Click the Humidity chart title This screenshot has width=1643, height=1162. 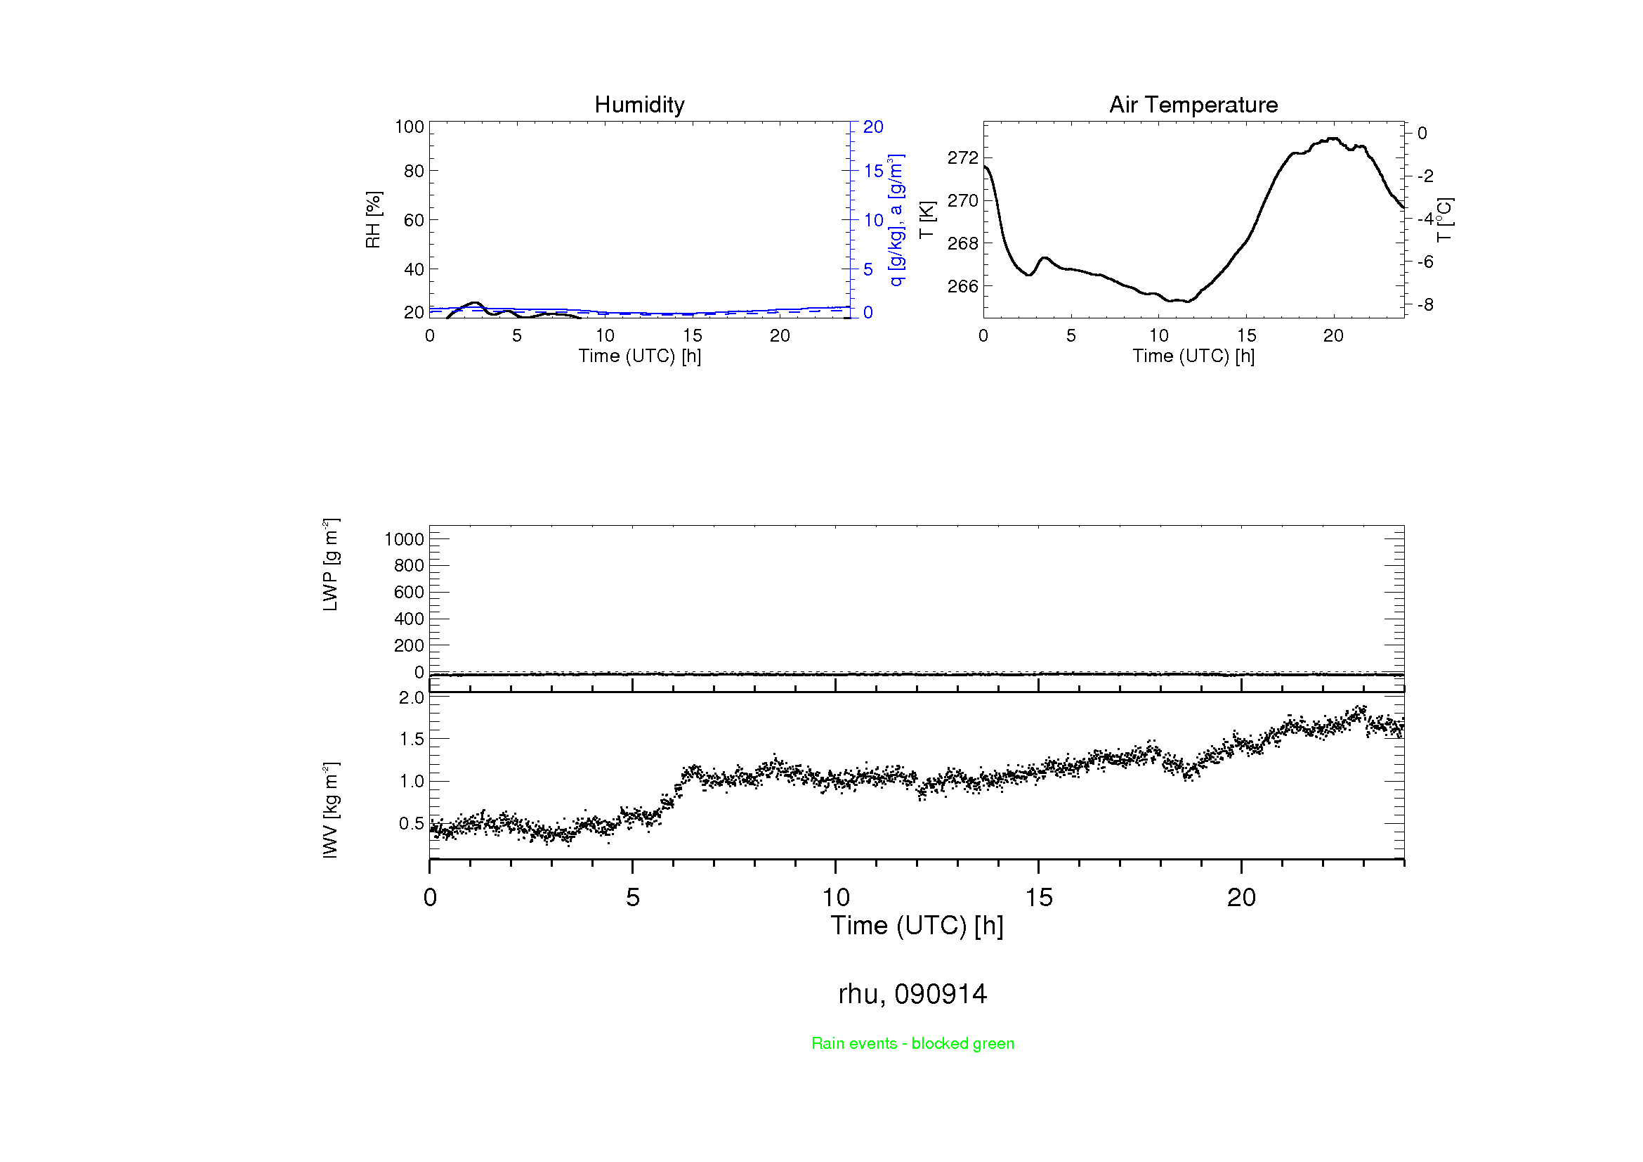[x=639, y=105]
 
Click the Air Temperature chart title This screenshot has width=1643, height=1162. [x=1193, y=105]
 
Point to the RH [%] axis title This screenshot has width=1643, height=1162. [x=373, y=220]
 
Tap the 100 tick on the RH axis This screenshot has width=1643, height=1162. [x=410, y=127]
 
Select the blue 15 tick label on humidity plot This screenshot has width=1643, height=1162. [x=873, y=171]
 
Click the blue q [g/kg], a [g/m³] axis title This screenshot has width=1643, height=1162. [x=896, y=220]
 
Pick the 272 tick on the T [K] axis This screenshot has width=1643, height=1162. [x=962, y=157]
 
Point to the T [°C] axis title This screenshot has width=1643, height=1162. [x=1444, y=220]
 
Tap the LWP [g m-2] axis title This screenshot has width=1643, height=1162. [x=330, y=564]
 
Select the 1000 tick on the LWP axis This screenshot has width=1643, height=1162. [x=405, y=539]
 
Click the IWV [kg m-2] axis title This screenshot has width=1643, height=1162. [x=330, y=810]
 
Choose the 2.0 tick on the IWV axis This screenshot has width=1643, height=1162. [x=412, y=697]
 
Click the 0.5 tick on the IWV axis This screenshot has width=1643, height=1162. [x=412, y=823]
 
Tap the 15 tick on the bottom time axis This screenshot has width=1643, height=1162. [x=1038, y=898]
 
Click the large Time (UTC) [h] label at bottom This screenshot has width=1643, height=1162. [x=917, y=926]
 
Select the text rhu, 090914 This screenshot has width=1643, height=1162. [x=912, y=994]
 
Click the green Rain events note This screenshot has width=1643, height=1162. [x=912, y=1043]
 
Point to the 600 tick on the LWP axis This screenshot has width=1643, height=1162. [x=409, y=592]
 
